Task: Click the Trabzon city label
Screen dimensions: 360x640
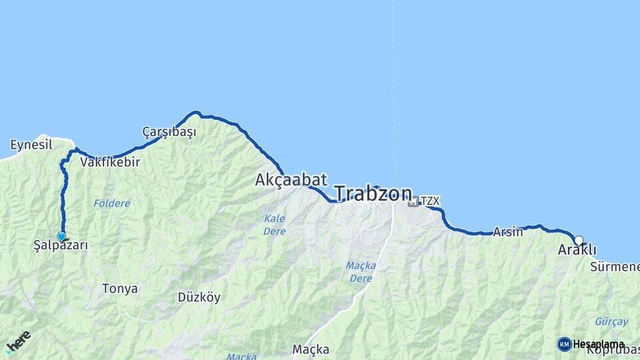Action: [x=373, y=193]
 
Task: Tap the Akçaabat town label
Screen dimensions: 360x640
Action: [x=291, y=179]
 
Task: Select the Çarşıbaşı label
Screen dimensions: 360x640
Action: [x=169, y=132]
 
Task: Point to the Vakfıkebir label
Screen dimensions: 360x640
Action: [x=110, y=162]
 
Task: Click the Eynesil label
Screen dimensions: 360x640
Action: [x=31, y=145]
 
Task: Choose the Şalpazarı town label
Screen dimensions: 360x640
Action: [x=61, y=245]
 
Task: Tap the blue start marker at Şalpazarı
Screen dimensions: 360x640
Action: [x=61, y=236]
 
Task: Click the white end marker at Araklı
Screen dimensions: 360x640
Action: [x=579, y=241]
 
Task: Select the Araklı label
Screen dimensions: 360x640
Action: [x=577, y=251]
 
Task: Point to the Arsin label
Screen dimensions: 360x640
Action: [x=508, y=233]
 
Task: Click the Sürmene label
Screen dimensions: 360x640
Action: [x=614, y=267]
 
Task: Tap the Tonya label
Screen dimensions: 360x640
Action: [x=120, y=289]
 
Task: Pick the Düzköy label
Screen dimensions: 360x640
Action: [x=199, y=297]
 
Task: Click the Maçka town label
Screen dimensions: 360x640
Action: [x=311, y=349]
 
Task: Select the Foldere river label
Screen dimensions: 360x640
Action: [x=112, y=203]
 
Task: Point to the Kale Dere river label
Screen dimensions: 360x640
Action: [x=275, y=225]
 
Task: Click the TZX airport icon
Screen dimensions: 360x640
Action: [x=413, y=201]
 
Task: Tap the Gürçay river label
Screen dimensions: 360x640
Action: [x=611, y=321]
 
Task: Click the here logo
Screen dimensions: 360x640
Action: [x=18, y=342]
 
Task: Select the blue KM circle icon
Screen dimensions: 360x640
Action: [x=565, y=344]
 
